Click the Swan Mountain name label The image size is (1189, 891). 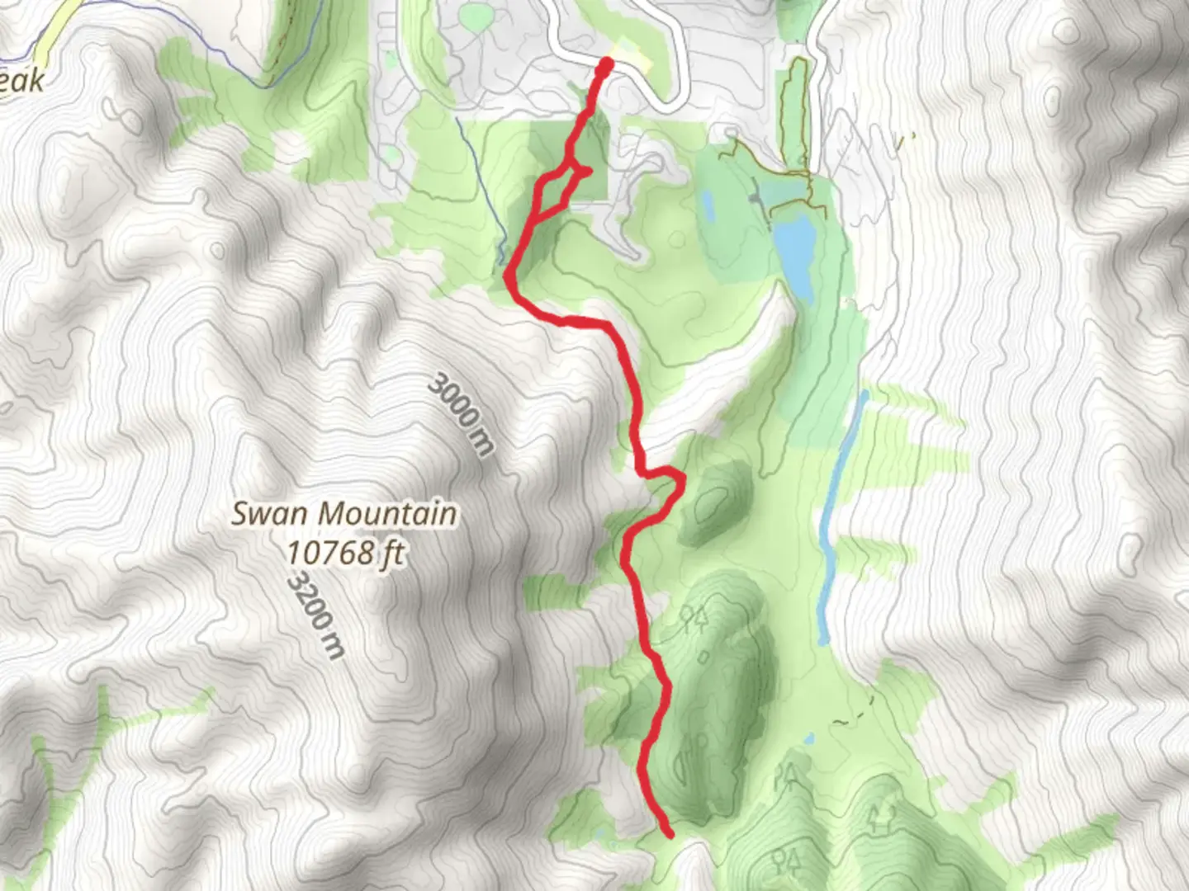343,513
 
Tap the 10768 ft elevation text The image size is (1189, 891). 346,553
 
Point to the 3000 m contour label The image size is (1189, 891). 462,415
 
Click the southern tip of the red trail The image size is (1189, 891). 669,834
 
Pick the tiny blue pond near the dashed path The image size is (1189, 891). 810,737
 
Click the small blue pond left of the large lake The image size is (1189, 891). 707,202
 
